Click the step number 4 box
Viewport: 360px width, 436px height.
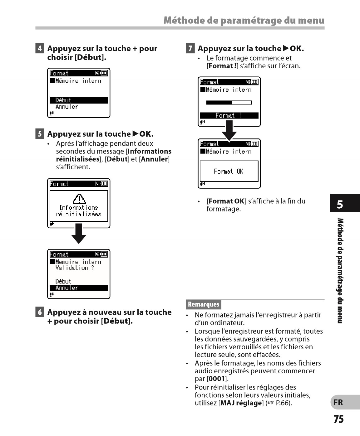click(40, 48)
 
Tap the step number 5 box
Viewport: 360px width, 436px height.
click(40, 134)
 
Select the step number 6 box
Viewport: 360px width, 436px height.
click(40, 312)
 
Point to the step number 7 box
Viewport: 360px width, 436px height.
click(190, 48)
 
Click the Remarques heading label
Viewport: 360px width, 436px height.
click(204, 304)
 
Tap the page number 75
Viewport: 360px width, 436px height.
click(338, 419)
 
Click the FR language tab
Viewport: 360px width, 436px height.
click(338, 402)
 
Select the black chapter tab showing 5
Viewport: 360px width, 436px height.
click(340, 204)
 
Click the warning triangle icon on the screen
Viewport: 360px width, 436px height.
click(79, 199)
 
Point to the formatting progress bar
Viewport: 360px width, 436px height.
click(229, 103)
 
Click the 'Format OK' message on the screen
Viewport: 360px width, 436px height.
click(229, 171)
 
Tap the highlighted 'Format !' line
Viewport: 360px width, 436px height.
click(229, 115)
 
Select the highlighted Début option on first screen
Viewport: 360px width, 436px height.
click(79, 100)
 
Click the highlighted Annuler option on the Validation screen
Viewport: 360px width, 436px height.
click(79, 288)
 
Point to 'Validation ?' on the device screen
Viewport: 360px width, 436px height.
click(75, 268)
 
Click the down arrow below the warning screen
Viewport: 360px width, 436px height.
click(79, 234)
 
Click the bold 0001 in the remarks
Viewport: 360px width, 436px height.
click(217, 379)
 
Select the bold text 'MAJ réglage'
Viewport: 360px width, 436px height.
click(241, 403)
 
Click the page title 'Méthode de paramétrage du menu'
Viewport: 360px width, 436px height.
click(244, 20)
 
